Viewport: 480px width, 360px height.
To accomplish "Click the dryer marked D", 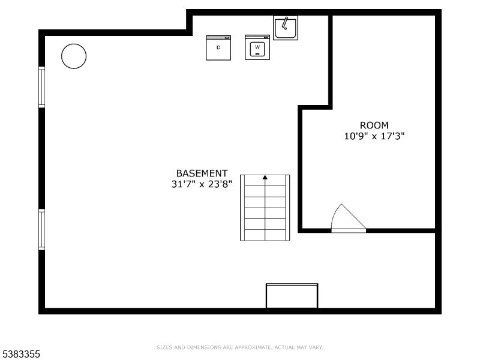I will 218,48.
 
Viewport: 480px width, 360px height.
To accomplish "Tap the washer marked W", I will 257,47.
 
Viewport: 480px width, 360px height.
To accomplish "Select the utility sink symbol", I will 285,28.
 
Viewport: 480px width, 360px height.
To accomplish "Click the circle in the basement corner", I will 74,56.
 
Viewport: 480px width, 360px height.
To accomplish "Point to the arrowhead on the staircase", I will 265,178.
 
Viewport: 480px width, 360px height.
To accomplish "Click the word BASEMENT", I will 202,173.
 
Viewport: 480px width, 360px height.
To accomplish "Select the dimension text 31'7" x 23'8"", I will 202,185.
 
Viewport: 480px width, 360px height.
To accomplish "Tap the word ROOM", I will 374,125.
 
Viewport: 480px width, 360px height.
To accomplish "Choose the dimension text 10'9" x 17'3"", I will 374,136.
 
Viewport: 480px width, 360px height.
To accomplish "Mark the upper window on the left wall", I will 41,87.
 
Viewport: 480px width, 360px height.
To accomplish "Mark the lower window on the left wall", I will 41,229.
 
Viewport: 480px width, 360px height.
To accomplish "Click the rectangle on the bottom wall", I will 292,296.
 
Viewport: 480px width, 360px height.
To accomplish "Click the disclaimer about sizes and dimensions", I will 240,347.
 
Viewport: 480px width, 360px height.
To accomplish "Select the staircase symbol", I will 265,208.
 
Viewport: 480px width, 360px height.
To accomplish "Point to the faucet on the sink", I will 286,23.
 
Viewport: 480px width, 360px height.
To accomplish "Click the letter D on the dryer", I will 218,47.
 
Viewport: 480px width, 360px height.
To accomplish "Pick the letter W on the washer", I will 257,47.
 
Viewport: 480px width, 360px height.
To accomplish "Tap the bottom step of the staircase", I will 265,235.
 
